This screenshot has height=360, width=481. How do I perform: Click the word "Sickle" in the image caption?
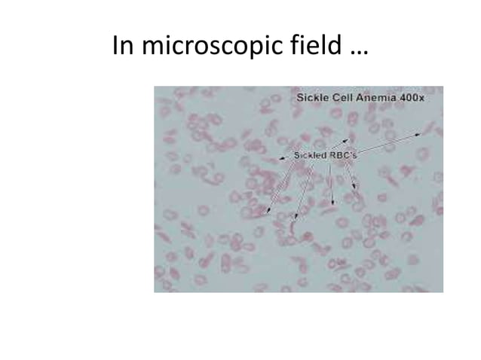(x=312, y=99)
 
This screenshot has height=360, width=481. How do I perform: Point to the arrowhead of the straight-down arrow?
(x=332, y=205)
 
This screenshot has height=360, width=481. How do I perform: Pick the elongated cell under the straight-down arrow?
(x=329, y=212)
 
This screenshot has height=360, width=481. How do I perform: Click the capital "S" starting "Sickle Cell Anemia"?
(x=299, y=99)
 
